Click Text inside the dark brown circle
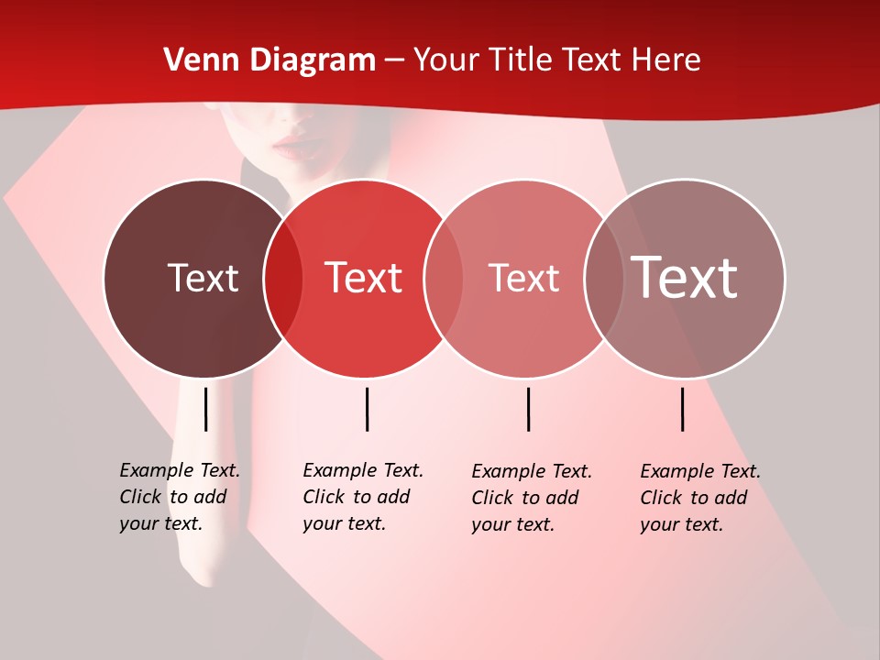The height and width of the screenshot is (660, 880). (x=203, y=278)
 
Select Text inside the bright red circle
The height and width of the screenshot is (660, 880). (x=364, y=278)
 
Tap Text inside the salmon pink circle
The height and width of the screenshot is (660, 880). (x=523, y=278)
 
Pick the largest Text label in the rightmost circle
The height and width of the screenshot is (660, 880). (x=684, y=278)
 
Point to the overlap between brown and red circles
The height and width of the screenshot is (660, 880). (x=283, y=279)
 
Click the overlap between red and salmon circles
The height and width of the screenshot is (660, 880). (x=444, y=279)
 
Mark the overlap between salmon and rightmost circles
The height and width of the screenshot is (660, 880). (x=604, y=279)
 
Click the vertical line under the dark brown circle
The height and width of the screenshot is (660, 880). (x=206, y=409)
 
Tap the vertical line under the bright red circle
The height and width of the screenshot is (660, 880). (x=367, y=409)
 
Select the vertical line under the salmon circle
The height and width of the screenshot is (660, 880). (x=528, y=409)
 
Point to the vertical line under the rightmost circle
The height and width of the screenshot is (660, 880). (x=683, y=409)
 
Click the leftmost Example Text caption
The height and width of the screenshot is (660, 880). (x=179, y=497)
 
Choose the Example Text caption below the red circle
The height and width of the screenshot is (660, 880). (x=362, y=497)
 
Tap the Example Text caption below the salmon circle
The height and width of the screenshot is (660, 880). (x=531, y=498)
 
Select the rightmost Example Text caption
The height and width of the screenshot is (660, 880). (x=699, y=498)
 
